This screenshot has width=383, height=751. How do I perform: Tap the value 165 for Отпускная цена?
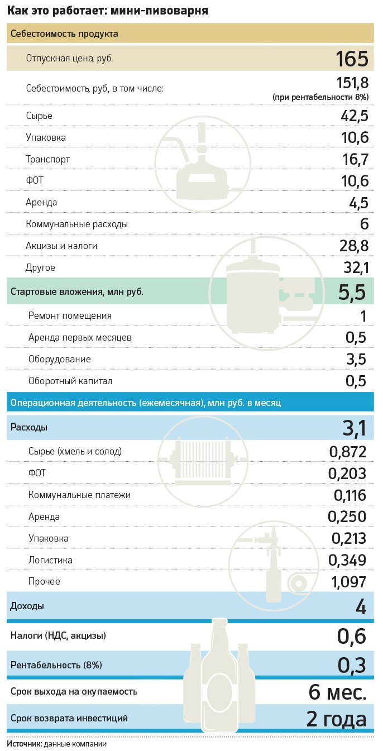[x=352, y=59]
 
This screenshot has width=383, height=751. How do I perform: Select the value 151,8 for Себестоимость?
[x=352, y=83]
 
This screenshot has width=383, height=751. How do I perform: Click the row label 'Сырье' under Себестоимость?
[x=39, y=116]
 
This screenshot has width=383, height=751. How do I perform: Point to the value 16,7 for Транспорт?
[x=355, y=160]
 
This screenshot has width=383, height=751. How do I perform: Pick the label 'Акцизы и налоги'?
[x=58, y=246]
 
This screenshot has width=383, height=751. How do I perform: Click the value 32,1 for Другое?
[x=355, y=268]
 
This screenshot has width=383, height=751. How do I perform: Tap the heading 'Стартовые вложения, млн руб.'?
[x=77, y=292]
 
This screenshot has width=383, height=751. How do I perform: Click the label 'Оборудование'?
[x=60, y=360]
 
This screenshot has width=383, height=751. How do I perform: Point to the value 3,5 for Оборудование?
[x=356, y=360]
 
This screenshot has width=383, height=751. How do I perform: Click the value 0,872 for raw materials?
[x=347, y=452]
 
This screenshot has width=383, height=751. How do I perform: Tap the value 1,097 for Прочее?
[x=349, y=582]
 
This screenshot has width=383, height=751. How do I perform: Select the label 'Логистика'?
[x=50, y=560]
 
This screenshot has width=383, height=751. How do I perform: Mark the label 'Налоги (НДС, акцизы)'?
[x=58, y=635]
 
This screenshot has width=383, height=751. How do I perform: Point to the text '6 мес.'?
[x=337, y=692]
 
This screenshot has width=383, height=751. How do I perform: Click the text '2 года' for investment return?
[x=336, y=719]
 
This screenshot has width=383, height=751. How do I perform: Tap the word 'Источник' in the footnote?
[x=24, y=744]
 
